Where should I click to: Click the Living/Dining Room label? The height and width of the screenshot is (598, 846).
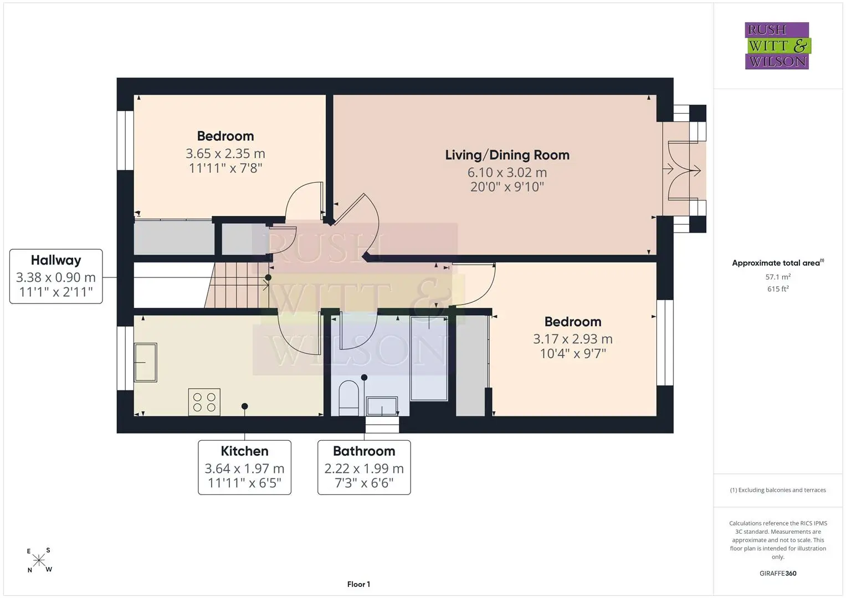(507, 155)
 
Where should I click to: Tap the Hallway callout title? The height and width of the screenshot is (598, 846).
(56, 260)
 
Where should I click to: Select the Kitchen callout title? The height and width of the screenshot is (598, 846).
(244, 451)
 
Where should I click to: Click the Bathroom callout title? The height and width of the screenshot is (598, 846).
(364, 451)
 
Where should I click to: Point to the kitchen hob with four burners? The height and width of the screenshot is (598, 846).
(204, 402)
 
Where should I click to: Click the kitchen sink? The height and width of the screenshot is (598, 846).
(146, 363)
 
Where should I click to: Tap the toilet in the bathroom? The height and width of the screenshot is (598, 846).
(348, 398)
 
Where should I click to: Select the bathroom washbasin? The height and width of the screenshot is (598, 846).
(382, 406)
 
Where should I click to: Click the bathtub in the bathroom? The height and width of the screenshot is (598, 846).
(429, 358)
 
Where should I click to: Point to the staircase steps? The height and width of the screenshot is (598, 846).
(237, 285)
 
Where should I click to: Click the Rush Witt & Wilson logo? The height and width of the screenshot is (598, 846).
(778, 45)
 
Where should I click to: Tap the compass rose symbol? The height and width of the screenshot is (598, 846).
(39, 560)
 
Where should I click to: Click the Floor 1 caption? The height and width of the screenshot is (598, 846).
(359, 584)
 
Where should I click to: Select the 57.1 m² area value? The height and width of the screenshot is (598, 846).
(778, 277)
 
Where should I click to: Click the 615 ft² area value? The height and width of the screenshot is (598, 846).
(778, 289)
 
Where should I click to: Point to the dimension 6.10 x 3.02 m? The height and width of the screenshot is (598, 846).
(507, 173)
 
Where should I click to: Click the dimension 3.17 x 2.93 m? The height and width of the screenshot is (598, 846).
(572, 339)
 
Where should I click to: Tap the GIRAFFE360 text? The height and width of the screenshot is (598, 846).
(778, 573)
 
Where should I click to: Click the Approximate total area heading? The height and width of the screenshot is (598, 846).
(778, 263)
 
